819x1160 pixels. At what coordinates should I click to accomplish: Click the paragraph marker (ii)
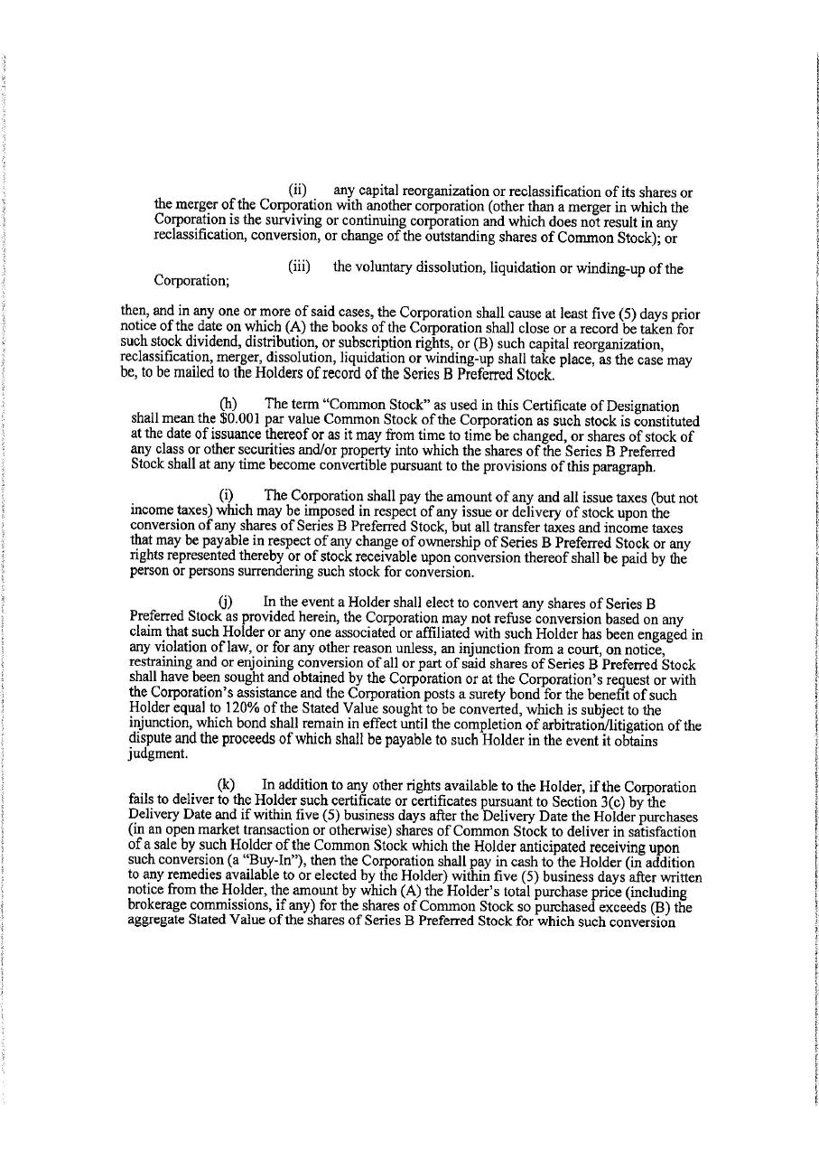click(x=298, y=192)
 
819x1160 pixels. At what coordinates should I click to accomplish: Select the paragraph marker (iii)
click(x=300, y=267)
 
